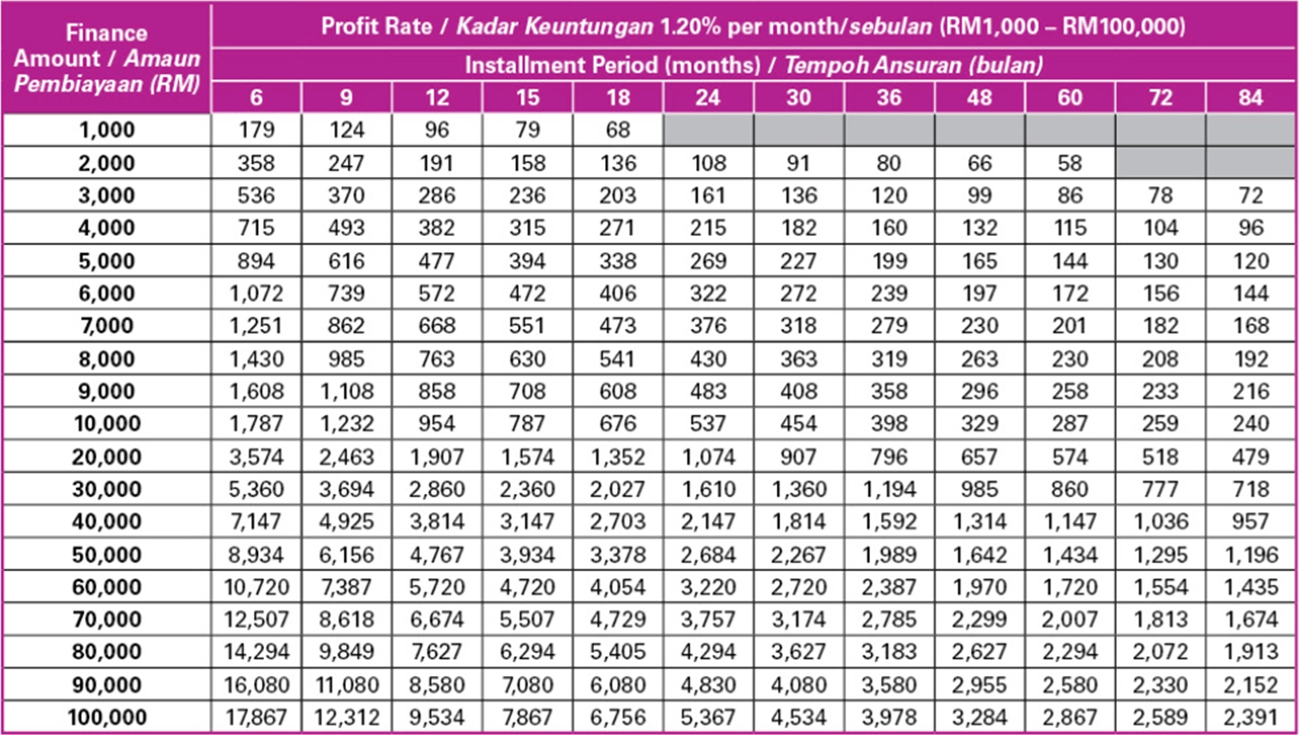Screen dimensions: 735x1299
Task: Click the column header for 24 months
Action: coord(708,97)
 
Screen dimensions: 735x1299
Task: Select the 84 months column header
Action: coord(1250,97)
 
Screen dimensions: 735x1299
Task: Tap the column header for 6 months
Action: coord(256,97)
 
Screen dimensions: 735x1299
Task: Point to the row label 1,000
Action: coord(107,130)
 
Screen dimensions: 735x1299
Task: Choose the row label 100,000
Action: coord(107,717)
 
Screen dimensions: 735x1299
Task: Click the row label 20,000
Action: coord(107,456)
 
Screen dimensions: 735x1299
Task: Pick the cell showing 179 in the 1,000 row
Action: coord(256,130)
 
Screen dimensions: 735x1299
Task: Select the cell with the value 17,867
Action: coord(256,717)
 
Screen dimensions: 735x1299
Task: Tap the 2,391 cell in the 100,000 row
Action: coord(1250,717)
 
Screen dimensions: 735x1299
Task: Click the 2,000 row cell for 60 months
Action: coord(1069,162)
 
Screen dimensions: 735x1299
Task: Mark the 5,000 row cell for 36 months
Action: coord(889,261)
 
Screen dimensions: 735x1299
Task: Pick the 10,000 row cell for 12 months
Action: coord(437,423)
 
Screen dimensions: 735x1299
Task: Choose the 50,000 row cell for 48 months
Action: coord(979,555)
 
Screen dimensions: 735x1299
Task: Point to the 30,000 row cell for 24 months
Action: coord(708,489)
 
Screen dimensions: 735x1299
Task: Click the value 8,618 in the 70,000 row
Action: coord(346,620)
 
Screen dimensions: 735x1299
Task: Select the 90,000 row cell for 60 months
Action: coord(1069,685)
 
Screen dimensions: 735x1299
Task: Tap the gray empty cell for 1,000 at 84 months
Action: coord(1250,130)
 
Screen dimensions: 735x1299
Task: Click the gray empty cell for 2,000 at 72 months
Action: coord(1160,162)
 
